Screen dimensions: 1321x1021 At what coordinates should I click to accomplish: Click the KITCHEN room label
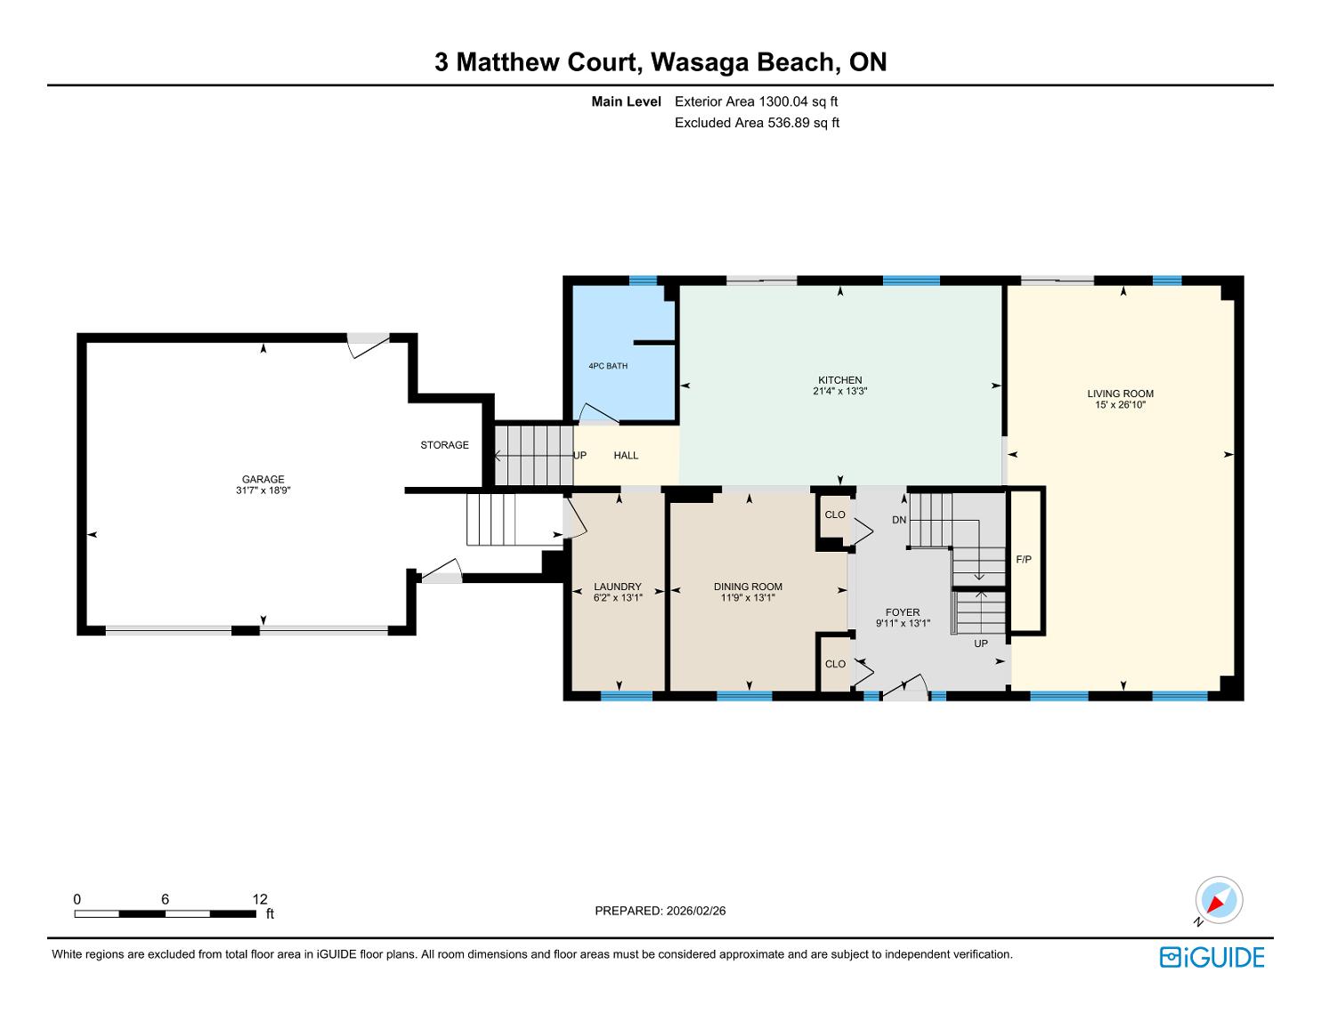coord(839,380)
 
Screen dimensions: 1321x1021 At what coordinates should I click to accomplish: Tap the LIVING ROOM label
coord(1120,393)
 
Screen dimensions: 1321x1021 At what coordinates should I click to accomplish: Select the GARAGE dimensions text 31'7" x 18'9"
coord(263,490)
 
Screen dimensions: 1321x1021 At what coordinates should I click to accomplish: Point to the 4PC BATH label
coord(608,366)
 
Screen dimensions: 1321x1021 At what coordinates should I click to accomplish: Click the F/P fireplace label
coord(1024,559)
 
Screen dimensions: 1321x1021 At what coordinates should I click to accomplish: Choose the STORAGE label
coord(444,445)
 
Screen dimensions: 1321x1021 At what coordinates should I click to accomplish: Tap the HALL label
coord(626,455)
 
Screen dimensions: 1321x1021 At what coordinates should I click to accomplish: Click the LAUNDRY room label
coord(618,587)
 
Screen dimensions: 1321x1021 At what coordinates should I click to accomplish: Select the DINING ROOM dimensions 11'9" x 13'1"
coord(748,597)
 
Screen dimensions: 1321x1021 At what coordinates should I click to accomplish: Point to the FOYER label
coord(903,612)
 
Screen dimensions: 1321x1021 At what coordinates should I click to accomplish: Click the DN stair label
coord(899,520)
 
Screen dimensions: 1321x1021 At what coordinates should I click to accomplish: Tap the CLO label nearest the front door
coord(835,664)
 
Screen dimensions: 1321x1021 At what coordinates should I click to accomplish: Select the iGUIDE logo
coord(1212,957)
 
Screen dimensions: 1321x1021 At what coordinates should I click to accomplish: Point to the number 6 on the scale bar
coord(165,899)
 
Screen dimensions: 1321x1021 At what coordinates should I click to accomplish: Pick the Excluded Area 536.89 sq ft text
coord(757,123)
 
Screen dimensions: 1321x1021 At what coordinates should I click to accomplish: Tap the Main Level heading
coord(626,101)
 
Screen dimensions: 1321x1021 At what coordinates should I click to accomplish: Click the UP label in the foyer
coord(981,643)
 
